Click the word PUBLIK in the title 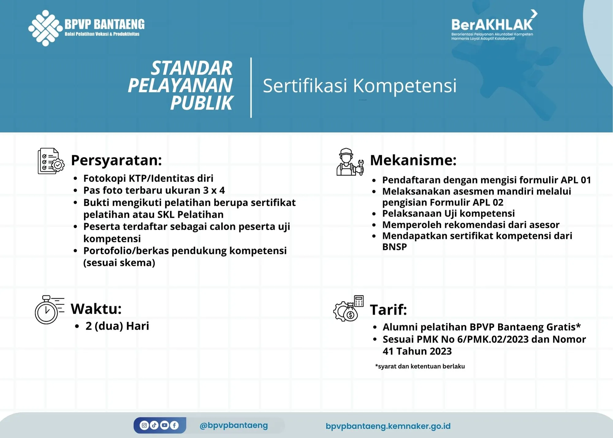pyautogui.click(x=202, y=103)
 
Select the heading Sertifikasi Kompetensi pyautogui.click(x=360, y=86)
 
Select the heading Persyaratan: pyautogui.click(x=116, y=160)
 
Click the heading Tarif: pyautogui.click(x=388, y=309)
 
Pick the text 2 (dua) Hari pyautogui.click(x=117, y=326)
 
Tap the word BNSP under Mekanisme pyautogui.click(x=394, y=247)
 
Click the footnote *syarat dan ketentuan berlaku pyautogui.click(x=420, y=366)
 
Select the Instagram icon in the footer pyautogui.click(x=144, y=425)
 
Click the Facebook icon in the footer pyautogui.click(x=174, y=425)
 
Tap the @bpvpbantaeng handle pyautogui.click(x=234, y=425)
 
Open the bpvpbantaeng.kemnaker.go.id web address pyautogui.click(x=388, y=426)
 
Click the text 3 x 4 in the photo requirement pyautogui.click(x=214, y=190)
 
